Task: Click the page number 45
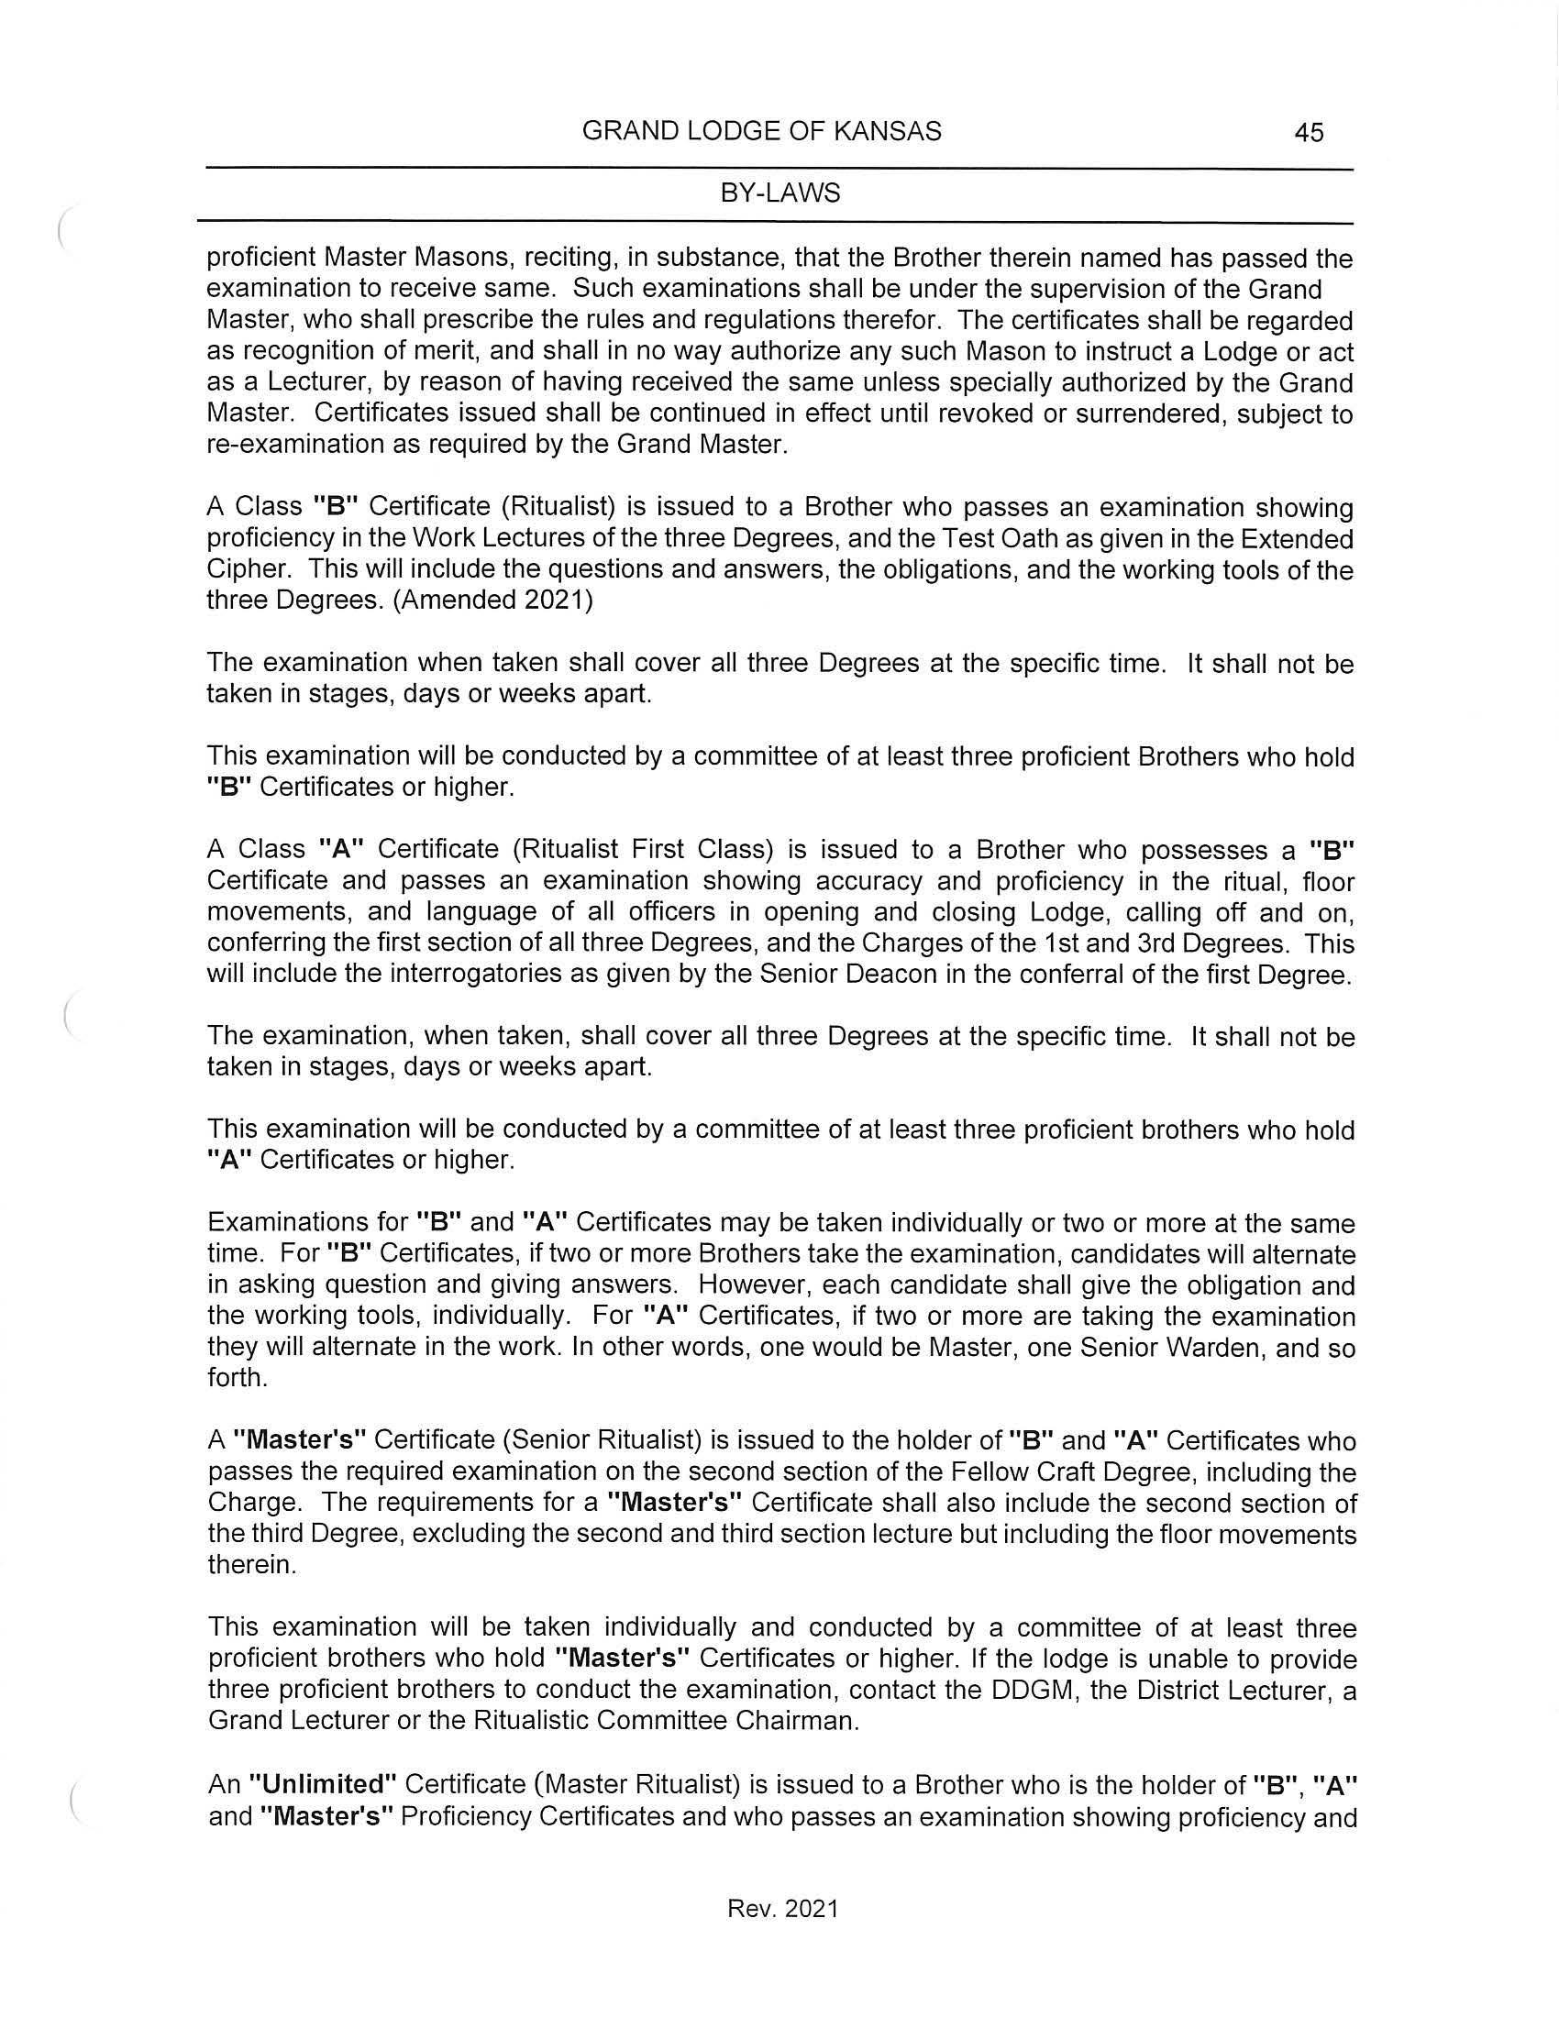(x=1309, y=133)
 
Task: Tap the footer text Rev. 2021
(x=782, y=1909)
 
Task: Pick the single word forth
(x=237, y=1379)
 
